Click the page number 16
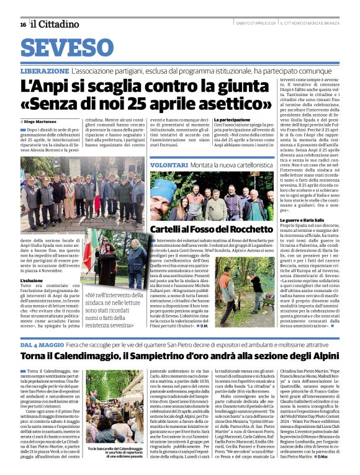(23, 24)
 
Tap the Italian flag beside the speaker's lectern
(91, 247)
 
